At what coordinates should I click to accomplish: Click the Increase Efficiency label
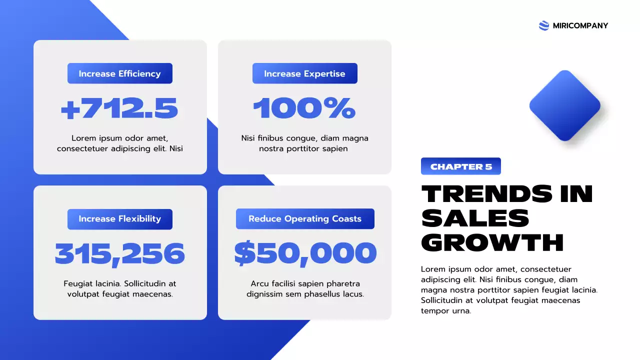click(120, 73)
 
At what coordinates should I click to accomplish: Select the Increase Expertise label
click(304, 73)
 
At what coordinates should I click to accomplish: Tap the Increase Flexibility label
click(120, 219)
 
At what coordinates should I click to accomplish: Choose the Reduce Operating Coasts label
click(305, 219)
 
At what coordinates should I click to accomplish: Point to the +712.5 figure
click(119, 108)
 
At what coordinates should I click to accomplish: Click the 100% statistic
click(304, 108)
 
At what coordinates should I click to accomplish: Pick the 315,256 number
click(119, 254)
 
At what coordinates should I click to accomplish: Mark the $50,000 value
click(305, 254)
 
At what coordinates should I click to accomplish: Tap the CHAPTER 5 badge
click(461, 166)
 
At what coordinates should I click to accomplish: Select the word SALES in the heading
click(475, 218)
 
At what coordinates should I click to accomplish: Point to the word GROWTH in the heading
click(492, 242)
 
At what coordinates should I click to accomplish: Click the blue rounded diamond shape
click(565, 105)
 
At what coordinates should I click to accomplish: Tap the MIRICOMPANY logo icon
click(544, 25)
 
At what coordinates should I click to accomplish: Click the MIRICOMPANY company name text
click(580, 25)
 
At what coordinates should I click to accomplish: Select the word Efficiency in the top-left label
click(139, 73)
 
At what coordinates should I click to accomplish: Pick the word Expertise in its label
click(325, 73)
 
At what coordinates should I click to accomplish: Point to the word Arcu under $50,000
click(260, 283)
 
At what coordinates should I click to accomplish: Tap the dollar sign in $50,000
click(245, 254)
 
